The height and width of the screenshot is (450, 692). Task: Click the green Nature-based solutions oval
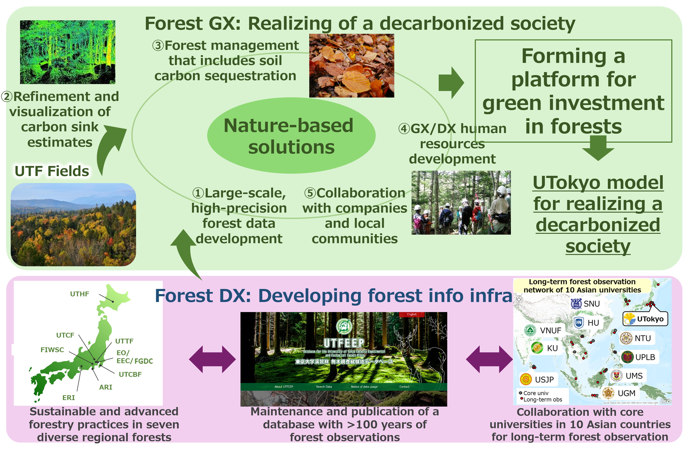(291, 136)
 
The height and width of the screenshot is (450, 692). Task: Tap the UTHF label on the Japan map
(79, 294)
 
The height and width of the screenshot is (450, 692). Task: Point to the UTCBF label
(130, 374)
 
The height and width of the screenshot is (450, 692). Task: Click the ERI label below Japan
(69, 398)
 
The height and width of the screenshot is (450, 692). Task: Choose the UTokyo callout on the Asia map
(645, 319)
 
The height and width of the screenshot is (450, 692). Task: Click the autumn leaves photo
(352, 65)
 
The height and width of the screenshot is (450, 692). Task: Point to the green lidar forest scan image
(67, 52)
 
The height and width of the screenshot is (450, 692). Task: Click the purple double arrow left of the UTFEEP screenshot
(212, 360)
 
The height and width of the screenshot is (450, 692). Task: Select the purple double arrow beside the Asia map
(489, 360)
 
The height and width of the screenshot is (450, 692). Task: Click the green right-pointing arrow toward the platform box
(451, 83)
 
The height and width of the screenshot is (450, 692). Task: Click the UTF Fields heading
(52, 171)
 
